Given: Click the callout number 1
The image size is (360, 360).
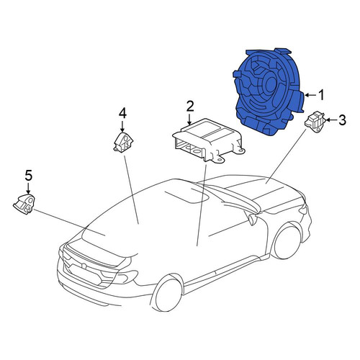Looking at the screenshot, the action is pyautogui.click(x=321, y=95).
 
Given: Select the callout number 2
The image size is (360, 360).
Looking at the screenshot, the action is pyautogui.click(x=190, y=107).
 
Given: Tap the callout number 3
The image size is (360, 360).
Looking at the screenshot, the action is pyautogui.click(x=342, y=120).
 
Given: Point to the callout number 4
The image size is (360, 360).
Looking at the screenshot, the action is pyautogui.click(x=122, y=113).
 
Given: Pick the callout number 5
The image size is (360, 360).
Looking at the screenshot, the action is pyautogui.click(x=28, y=176).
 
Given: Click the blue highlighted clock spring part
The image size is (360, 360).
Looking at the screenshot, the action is pyautogui.click(x=269, y=92).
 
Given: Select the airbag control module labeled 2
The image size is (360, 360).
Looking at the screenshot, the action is pyautogui.click(x=208, y=141).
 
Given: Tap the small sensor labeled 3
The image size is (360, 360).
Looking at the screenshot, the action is pyautogui.click(x=315, y=122).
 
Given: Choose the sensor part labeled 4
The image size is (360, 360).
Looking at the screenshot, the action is pyautogui.click(x=123, y=143).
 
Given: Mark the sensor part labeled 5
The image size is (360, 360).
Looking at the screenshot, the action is pyautogui.click(x=24, y=204).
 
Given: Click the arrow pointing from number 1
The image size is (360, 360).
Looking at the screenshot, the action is pyautogui.click(x=311, y=95).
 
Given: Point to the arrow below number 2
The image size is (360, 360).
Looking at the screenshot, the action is pyautogui.click(x=189, y=119).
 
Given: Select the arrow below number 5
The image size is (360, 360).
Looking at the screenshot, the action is pyautogui.click(x=28, y=188).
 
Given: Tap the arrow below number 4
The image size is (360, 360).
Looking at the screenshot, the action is pyautogui.click(x=122, y=126).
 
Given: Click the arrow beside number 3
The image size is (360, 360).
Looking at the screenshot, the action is pyautogui.click(x=332, y=120).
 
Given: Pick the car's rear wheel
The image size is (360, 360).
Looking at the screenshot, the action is pyautogui.click(x=167, y=294).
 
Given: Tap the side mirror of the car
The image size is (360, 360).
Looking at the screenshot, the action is pyautogui.click(x=252, y=219).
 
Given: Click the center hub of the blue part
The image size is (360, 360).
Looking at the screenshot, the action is pyautogui.click(x=270, y=84).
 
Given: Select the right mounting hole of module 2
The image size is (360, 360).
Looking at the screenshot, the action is pyautogui.click(x=241, y=151).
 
